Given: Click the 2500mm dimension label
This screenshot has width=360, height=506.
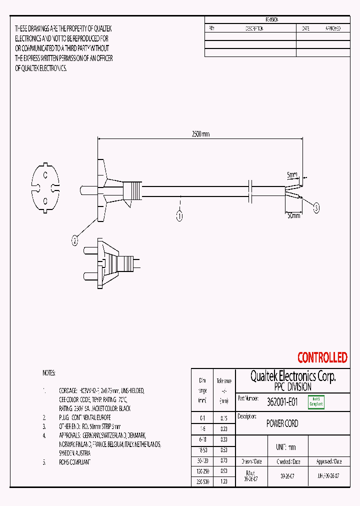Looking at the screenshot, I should click(200, 134).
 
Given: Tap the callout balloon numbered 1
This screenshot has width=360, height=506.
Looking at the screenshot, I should click(179, 216).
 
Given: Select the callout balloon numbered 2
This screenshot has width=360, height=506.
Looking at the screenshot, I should click(75, 241).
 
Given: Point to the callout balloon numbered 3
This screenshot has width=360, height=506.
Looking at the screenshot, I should click(316, 207).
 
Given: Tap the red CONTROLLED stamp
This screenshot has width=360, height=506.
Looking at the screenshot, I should click(322, 357).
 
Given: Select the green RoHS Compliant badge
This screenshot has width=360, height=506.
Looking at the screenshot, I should click(316, 402).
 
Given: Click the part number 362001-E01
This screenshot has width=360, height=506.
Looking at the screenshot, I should click(282, 402).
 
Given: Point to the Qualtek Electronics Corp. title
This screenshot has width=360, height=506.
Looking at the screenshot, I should click(292, 376).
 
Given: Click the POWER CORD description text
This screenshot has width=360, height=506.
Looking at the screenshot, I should click(282, 423).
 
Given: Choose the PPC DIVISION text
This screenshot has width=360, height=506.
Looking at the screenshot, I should click(292, 387).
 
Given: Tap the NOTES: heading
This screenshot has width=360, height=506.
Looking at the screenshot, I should click(49, 373).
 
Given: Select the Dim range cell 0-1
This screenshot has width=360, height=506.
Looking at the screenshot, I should click(202, 417).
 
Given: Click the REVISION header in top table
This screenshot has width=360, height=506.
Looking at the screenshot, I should click(272, 19).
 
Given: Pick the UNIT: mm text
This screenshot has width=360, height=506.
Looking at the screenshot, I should click(285, 447).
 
